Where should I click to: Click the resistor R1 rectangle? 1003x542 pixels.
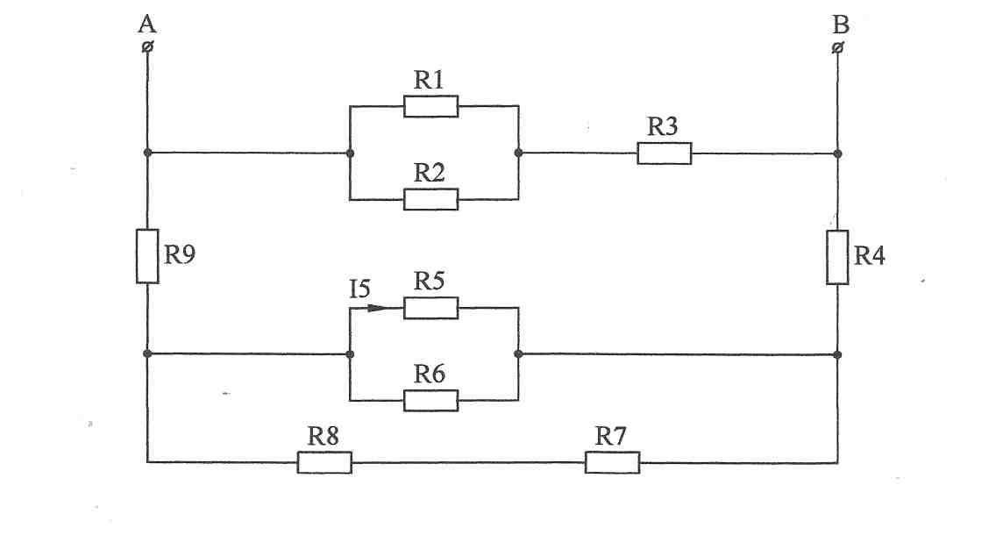click(430, 106)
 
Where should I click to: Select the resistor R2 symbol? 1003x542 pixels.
click(430, 199)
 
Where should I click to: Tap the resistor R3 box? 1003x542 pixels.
click(664, 153)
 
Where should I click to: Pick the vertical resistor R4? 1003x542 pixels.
click(837, 257)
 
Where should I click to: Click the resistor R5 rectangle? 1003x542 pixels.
click(430, 308)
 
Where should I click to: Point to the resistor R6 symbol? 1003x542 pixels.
click(430, 401)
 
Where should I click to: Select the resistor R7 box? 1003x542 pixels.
click(612, 463)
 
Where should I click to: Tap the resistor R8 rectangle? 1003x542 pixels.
click(324, 463)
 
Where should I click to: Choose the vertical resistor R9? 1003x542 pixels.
click(147, 256)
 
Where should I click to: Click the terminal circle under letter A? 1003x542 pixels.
click(147, 46)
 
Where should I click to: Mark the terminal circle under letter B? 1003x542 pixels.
click(837, 47)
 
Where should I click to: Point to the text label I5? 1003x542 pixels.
click(359, 289)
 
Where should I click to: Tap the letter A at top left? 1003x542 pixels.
click(147, 25)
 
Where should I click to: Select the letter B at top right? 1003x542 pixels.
click(841, 25)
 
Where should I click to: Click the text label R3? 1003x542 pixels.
click(662, 126)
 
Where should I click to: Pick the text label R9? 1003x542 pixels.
click(179, 254)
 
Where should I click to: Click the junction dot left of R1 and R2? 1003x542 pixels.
click(350, 153)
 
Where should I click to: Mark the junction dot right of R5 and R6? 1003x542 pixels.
click(518, 353)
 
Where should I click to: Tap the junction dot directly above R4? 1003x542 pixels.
click(838, 153)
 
